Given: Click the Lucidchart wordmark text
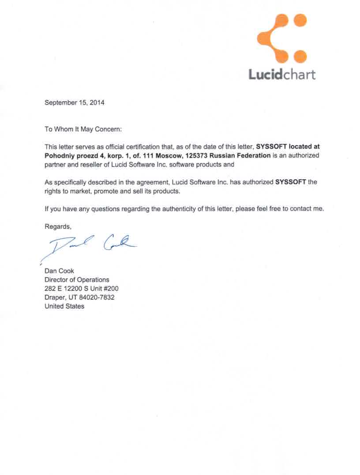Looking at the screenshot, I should click(282, 74).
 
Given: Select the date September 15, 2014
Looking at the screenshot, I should click(75, 102).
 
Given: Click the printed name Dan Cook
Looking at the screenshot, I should click(60, 271).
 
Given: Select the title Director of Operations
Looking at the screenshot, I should click(77, 280).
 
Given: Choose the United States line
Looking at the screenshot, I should click(64, 306).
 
